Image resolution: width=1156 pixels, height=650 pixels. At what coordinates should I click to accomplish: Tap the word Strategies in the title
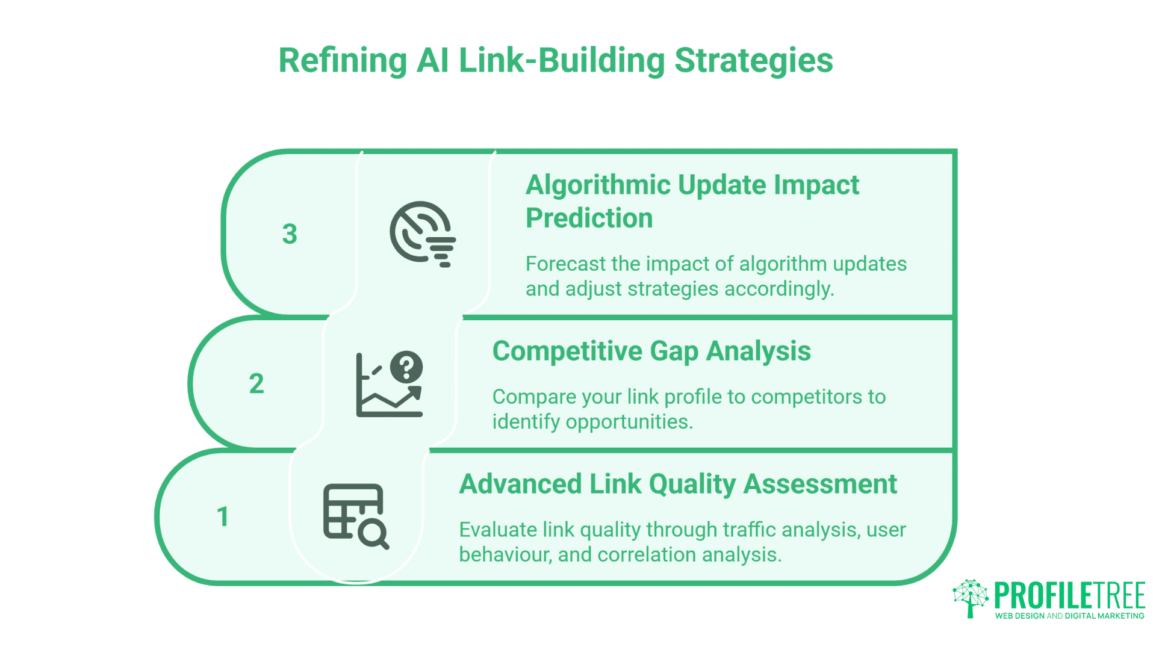753,61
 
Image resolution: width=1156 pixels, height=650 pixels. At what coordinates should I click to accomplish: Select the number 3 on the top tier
290,234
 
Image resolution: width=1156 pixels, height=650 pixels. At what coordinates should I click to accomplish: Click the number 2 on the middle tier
256,384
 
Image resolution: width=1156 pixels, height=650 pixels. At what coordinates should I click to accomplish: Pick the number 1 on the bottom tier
223,517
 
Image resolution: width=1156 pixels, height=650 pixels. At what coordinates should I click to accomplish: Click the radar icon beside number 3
421,234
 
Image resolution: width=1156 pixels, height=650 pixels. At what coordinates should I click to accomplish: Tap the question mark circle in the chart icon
406,366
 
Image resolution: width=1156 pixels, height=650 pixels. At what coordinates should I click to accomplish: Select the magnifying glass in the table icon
373,533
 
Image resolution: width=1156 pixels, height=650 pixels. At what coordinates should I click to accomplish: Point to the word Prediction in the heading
589,218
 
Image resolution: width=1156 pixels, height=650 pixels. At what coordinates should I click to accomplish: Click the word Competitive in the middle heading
566,351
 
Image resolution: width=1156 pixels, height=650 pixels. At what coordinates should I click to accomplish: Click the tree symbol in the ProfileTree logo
970,598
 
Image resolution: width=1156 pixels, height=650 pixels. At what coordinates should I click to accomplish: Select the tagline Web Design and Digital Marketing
1069,616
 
